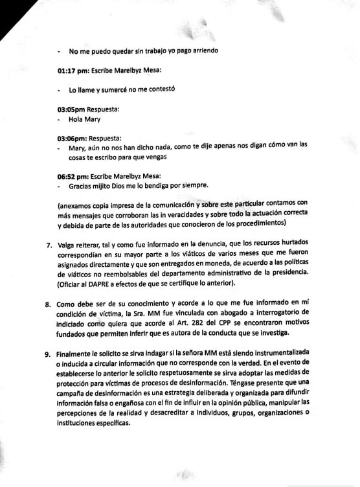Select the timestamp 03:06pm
[72, 138]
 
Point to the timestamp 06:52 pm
[73, 175]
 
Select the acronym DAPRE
[107, 282]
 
